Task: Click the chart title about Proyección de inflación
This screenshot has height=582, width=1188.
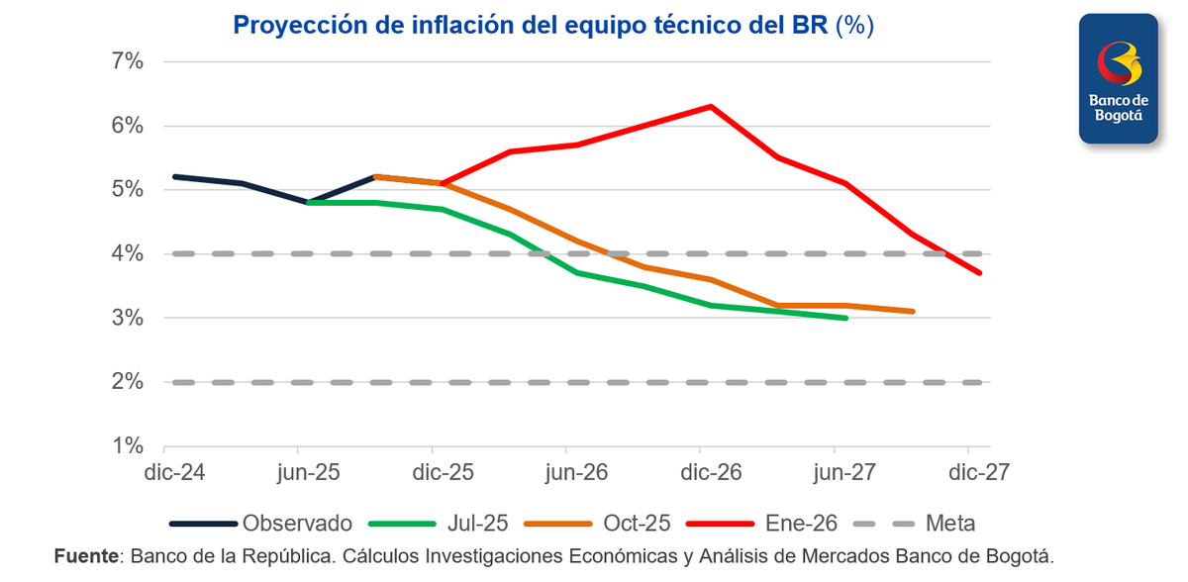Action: pyautogui.click(x=552, y=25)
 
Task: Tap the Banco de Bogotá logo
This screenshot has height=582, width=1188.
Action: pyautogui.click(x=1118, y=79)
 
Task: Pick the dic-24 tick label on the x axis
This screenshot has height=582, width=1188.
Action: pyautogui.click(x=174, y=473)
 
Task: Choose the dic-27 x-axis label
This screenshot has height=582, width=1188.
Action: pyautogui.click(x=978, y=473)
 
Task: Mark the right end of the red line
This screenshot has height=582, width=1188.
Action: pyautogui.click(x=980, y=273)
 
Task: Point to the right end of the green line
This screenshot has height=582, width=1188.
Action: pyautogui.click(x=846, y=318)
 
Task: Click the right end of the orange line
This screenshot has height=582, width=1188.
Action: pyautogui.click(x=912, y=311)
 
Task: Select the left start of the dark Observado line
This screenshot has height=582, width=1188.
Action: pyautogui.click(x=174, y=176)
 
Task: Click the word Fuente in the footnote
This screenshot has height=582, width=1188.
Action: pyautogui.click(x=85, y=556)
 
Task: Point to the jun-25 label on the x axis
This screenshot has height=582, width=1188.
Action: pyautogui.click(x=309, y=473)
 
